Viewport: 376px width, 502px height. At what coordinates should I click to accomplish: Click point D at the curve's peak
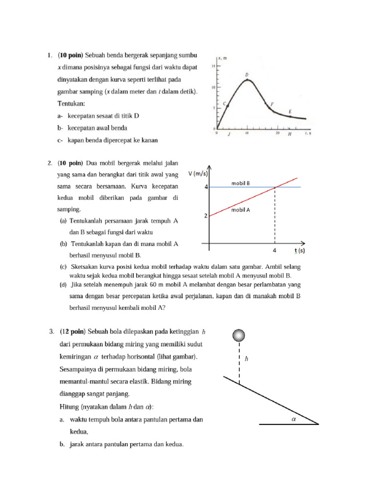pyautogui.click(x=247, y=79)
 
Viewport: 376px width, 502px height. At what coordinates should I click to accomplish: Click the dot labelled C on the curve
pyautogui.click(x=227, y=104)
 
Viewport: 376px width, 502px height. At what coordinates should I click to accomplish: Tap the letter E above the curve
pyautogui.click(x=290, y=112)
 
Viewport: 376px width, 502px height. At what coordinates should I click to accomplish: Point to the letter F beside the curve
pyautogui.click(x=272, y=104)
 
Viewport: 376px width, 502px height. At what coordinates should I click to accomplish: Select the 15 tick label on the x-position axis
pyautogui.click(x=212, y=66)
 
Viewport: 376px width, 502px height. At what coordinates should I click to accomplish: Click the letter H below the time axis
pyautogui.click(x=289, y=134)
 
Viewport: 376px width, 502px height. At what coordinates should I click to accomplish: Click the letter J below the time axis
pyautogui.click(x=229, y=134)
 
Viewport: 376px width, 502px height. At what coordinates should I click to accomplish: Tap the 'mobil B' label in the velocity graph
pyautogui.click(x=241, y=183)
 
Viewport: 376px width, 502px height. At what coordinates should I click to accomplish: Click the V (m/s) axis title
pyautogui.click(x=197, y=173)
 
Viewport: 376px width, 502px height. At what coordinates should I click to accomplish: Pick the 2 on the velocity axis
pyautogui.click(x=206, y=215)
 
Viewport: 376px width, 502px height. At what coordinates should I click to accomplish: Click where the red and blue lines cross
pyautogui.click(x=275, y=187)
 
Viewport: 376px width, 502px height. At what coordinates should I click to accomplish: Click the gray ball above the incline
pyautogui.click(x=239, y=335)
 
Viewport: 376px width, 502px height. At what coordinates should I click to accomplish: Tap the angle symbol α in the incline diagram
pyautogui.click(x=295, y=418)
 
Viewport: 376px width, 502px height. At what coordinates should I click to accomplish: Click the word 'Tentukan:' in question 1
pyautogui.click(x=71, y=104)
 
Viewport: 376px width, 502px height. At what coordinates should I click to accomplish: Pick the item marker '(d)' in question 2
pyautogui.click(x=64, y=284)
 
